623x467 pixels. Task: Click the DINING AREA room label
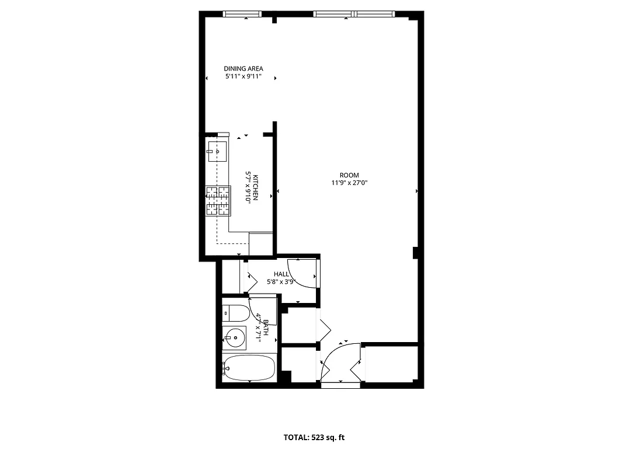coord(243,68)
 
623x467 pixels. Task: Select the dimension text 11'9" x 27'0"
coord(349,183)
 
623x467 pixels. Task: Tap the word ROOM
coord(349,175)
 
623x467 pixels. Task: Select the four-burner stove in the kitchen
coord(218,201)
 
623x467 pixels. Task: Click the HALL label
coord(281,274)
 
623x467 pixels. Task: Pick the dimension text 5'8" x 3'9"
coord(281,281)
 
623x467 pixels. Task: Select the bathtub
coord(249,368)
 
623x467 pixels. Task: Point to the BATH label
coord(266,327)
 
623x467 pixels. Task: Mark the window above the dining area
coord(242,14)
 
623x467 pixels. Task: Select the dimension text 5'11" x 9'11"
coord(243,76)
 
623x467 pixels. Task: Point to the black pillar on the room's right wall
coord(415,252)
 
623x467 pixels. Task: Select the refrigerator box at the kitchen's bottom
coord(261,243)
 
